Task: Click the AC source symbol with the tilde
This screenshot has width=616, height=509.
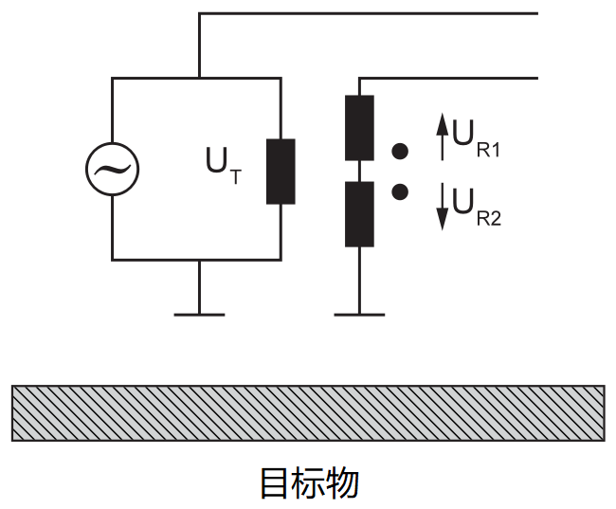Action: [112, 170]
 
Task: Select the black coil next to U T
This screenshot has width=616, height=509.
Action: [281, 172]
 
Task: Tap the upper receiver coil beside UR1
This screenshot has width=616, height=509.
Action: [359, 127]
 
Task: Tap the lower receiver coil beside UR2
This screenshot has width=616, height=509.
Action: [359, 214]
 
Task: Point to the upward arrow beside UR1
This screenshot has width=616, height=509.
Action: [441, 136]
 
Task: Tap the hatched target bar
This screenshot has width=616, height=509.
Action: [308, 412]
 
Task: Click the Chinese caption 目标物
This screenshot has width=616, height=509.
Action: [309, 482]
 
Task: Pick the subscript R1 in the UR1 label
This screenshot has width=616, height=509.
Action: [489, 149]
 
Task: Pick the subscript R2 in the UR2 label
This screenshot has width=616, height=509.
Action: [489, 218]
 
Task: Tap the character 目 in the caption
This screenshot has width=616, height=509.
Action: [275, 482]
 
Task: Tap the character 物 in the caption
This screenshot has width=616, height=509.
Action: [343, 482]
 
